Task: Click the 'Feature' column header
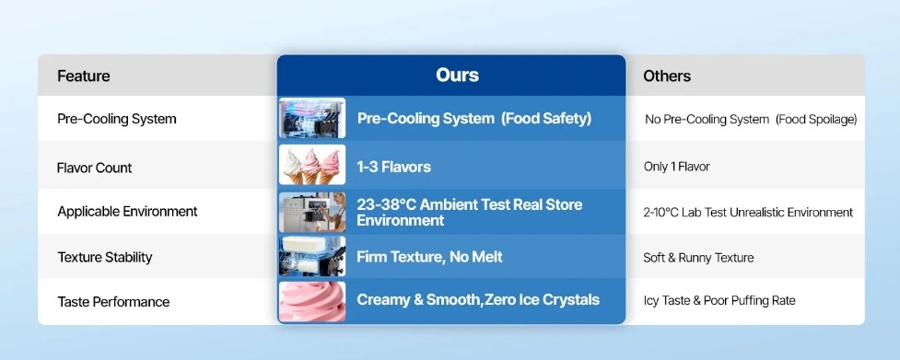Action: tap(83, 75)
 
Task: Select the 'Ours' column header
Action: tap(457, 75)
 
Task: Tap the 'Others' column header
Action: tap(666, 75)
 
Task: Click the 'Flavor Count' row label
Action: tap(94, 168)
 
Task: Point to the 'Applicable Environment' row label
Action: tap(127, 212)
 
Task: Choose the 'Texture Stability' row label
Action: tap(105, 258)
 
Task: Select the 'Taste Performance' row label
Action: tap(113, 301)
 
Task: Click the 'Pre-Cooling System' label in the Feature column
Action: tap(117, 119)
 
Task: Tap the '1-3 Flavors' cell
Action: tap(393, 168)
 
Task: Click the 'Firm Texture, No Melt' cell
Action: tap(429, 256)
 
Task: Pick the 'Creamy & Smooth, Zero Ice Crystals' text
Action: tap(478, 300)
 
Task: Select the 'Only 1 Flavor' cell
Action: tap(677, 167)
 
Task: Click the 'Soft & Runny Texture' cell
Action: tap(698, 258)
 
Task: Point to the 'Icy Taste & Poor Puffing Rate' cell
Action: tap(719, 301)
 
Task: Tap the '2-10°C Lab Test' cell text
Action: tap(685, 213)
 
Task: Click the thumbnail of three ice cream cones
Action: tap(312, 165)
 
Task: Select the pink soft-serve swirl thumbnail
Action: tap(312, 301)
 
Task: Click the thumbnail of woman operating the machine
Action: tap(312, 212)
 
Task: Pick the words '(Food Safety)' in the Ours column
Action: tap(546, 119)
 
